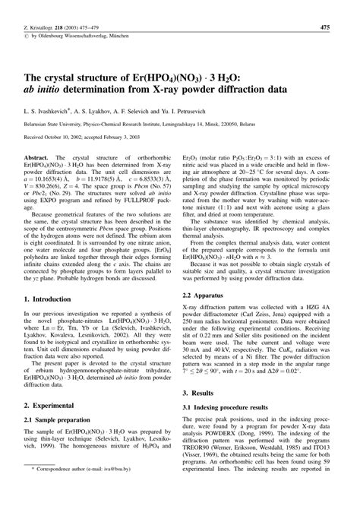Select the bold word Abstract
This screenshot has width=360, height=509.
click(38, 154)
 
